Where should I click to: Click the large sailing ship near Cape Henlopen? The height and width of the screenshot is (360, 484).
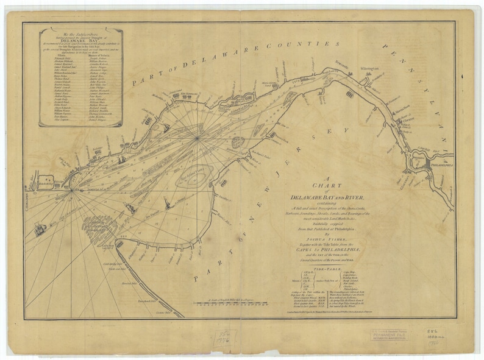41,230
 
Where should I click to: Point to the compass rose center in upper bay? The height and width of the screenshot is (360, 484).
198,138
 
